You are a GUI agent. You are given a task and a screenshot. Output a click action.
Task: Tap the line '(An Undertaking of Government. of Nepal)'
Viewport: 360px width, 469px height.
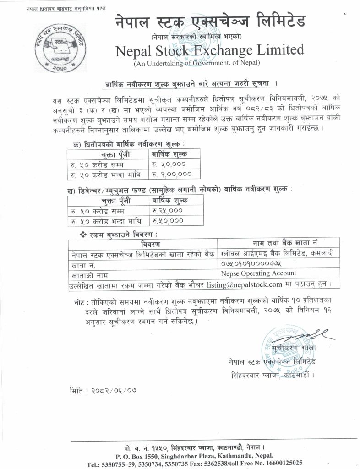coord(196,63)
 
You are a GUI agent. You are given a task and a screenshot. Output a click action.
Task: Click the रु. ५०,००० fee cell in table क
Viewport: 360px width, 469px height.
coord(169,164)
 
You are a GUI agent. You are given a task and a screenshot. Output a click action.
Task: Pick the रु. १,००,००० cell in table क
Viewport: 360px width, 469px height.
coord(169,175)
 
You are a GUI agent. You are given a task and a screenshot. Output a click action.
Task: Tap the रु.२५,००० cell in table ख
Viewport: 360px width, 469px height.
coord(167,210)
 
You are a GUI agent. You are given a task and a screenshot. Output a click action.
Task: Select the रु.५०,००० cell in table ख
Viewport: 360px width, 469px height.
coord(167,221)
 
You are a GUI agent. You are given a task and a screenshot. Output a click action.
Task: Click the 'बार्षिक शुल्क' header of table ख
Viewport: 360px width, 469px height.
coord(168,200)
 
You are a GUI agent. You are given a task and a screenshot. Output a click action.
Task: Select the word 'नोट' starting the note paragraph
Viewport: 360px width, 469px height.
coord(81,303)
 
